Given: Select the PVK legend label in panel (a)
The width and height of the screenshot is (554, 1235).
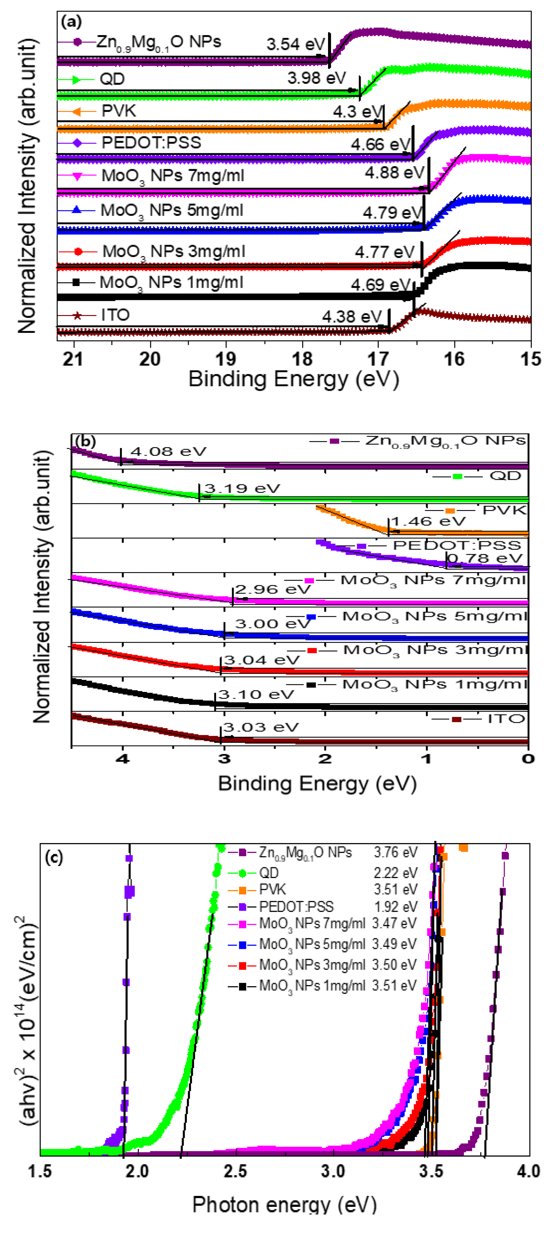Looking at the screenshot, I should point(118,111).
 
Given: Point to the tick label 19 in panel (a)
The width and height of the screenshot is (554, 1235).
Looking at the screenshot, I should point(225,359).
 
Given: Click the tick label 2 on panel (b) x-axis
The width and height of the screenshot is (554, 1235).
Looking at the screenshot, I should point(325,759).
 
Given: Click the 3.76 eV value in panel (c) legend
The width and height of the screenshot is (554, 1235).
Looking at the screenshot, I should point(395,852).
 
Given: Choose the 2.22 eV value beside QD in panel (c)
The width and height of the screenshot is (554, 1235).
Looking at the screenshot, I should point(395,873).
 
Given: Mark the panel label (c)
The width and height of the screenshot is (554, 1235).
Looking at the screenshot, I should point(54,857).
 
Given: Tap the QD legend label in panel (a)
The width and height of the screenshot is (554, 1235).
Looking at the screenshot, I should point(112,79).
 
